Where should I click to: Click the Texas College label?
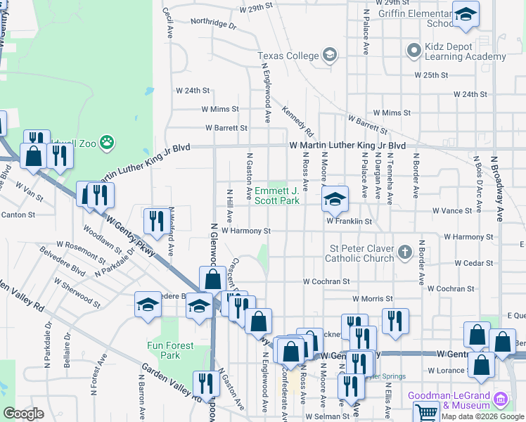click(x=288, y=56)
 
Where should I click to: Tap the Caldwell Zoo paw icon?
click(x=107, y=143)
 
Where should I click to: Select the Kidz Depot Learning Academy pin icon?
click(x=413, y=51)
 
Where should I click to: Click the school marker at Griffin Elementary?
click(x=466, y=15)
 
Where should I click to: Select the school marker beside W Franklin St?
click(x=335, y=200)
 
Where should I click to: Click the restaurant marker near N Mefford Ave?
click(x=155, y=221)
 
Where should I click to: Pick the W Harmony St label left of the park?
click(x=245, y=231)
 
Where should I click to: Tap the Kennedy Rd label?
click(x=297, y=121)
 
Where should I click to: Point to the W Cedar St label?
click(x=473, y=263)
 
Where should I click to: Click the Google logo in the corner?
click(x=23, y=414)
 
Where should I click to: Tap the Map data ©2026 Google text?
click(x=482, y=416)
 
